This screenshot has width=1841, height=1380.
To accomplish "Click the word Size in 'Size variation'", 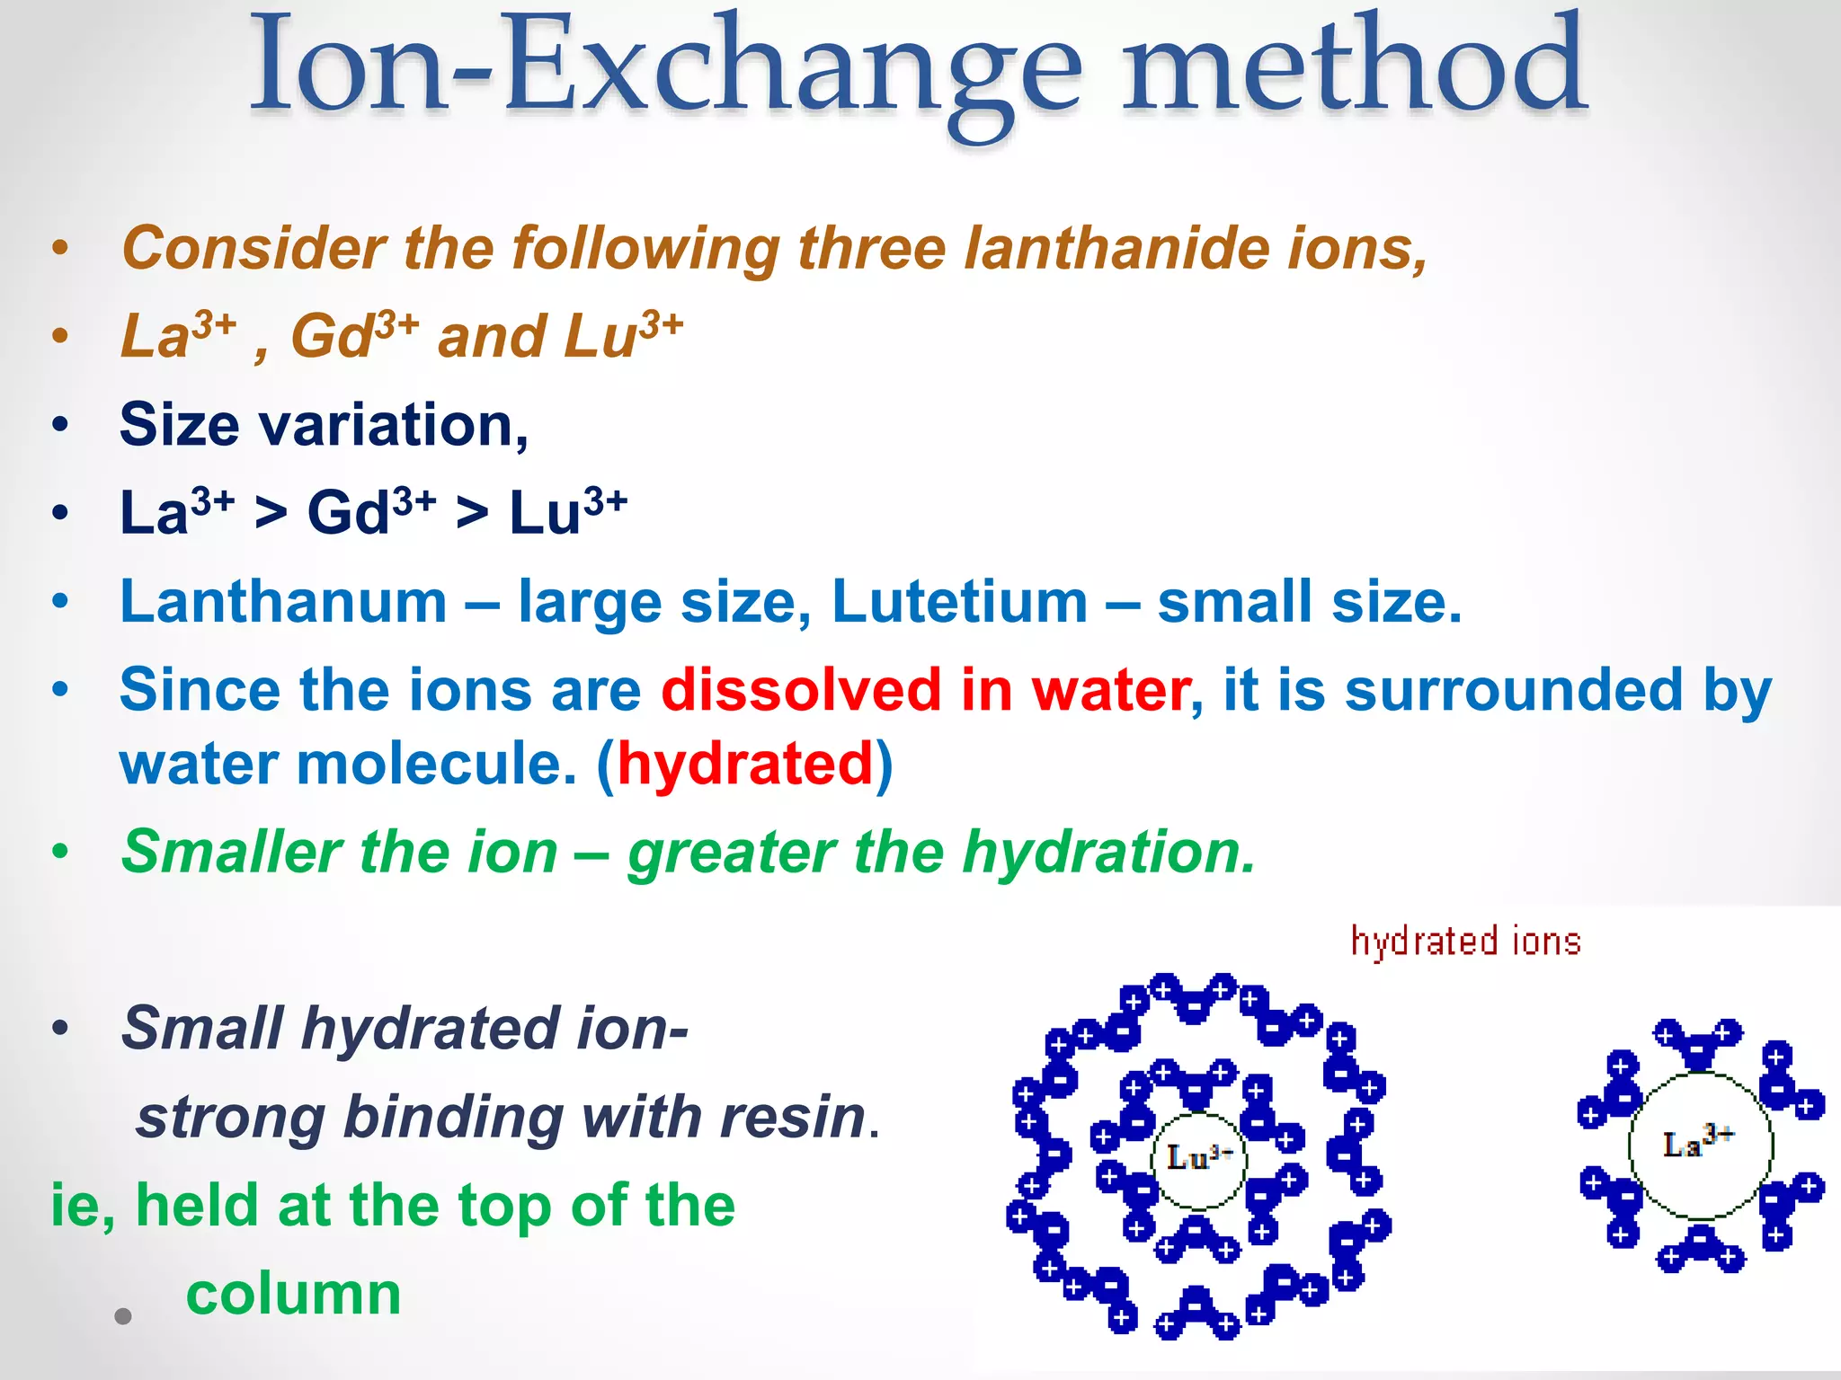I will coord(179,424).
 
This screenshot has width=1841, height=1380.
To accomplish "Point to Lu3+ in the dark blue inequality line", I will coord(567,511).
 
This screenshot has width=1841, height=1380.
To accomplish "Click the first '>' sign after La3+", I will coord(271,514).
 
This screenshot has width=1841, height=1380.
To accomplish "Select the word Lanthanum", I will coord(283,601).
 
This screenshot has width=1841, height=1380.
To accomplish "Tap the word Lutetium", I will coord(959,601).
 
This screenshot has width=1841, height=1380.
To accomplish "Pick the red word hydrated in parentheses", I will coord(745,764).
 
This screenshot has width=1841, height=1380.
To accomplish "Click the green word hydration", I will coord(1108,851).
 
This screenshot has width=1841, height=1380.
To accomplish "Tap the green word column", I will coord(293,1294).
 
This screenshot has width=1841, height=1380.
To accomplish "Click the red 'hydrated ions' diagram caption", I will coord(1465,942).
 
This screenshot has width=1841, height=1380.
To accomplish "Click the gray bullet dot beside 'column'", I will coord(123,1316).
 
